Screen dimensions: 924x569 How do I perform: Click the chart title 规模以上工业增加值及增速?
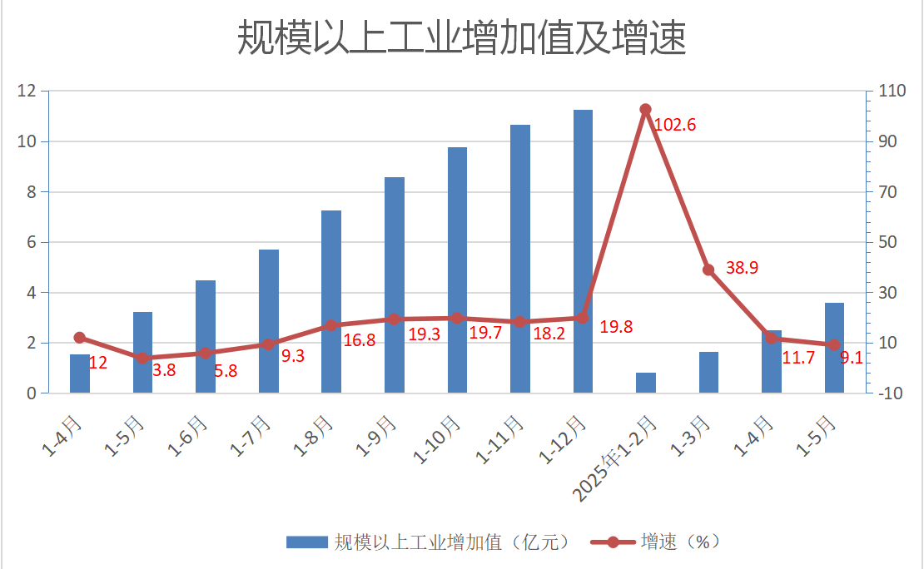click(x=461, y=37)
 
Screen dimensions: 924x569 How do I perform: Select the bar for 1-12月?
click(x=583, y=251)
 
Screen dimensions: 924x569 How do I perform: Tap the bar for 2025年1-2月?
click(x=646, y=383)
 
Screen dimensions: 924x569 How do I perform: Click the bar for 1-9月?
click(x=395, y=285)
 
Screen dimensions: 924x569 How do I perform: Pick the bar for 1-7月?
click(x=269, y=321)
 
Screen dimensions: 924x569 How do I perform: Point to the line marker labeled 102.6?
click(x=645, y=110)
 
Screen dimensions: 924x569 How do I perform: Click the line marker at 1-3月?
click(x=708, y=270)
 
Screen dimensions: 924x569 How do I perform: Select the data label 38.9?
click(x=742, y=268)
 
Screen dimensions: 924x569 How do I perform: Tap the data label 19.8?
click(x=616, y=327)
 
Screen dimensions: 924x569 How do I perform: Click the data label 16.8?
click(x=360, y=340)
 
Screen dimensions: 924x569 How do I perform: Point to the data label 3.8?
click(x=165, y=370)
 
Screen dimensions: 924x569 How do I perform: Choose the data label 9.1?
click(x=852, y=358)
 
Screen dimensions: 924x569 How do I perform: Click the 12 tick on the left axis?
click(x=27, y=91)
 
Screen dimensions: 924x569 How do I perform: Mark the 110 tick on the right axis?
click(x=892, y=91)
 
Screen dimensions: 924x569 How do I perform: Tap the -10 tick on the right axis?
click(x=891, y=393)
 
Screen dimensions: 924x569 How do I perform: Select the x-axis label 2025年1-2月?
click(x=614, y=459)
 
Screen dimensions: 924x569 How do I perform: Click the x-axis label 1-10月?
click(x=437, y=440)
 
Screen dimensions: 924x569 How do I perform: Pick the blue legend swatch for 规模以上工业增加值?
click(x=307, y=542)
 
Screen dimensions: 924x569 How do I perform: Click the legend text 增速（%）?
click(x=680, y=542)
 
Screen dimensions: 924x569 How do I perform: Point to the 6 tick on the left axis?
click(x=32, y=242)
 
